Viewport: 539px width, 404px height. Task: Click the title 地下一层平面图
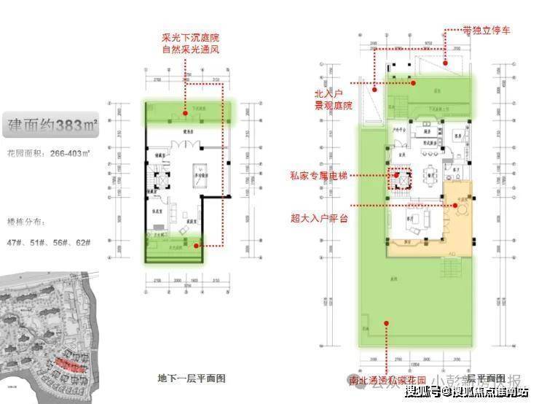point(192,378)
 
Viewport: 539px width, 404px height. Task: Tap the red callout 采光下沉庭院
point(191,36)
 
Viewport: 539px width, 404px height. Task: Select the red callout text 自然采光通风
point(191,50)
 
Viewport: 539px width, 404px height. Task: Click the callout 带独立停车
point(487,31)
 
